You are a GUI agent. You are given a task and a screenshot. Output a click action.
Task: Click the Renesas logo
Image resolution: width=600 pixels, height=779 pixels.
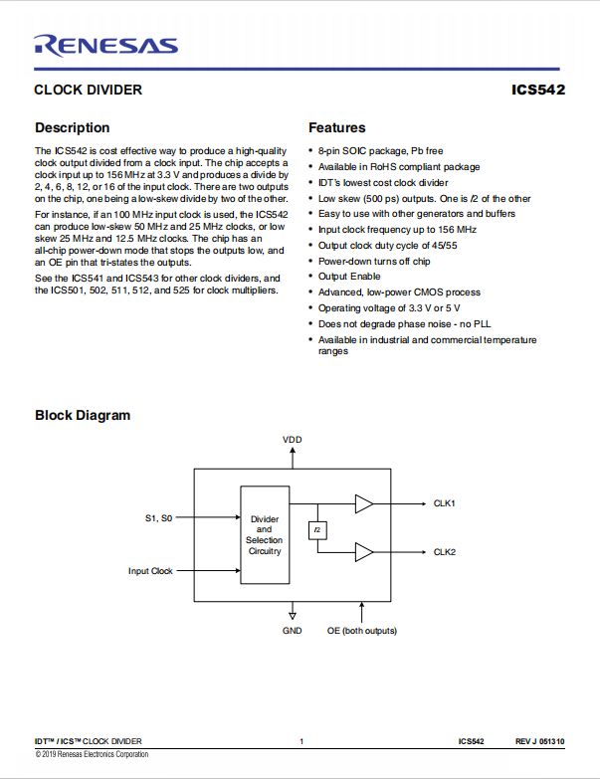click(x=105, y=46)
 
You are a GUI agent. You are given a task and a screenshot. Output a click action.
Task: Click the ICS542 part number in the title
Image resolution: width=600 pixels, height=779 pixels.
click(x=538, y=90)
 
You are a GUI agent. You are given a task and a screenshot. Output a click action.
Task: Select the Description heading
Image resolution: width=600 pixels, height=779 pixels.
click(x=72, y=127)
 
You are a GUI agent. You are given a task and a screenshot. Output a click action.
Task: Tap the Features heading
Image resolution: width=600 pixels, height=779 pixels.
click(x=336, y=127)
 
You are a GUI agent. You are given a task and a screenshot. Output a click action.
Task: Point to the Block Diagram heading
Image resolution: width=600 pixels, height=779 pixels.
click(x=83, y=415)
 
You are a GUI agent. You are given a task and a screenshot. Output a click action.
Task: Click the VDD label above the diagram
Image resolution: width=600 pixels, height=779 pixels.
click(x=293, y=440)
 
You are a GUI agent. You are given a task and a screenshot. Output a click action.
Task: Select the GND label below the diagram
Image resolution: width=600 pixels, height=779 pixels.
click(x=293, y=631)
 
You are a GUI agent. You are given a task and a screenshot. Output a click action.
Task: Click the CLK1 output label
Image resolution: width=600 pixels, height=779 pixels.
click(x=444, y=503)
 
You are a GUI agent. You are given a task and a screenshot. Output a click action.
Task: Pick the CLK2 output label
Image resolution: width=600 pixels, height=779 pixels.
click(x=444, y=552)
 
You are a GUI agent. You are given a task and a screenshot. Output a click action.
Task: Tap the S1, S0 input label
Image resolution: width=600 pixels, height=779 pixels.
click(x=158, y=518)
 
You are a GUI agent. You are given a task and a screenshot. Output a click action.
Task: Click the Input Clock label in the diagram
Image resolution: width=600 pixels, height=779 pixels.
click(x=150, y=571)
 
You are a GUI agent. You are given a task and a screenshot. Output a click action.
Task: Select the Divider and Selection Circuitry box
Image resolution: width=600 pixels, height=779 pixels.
click(x=265, y=534)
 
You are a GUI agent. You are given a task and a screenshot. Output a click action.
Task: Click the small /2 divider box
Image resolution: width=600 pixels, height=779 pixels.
click(x=317, y=530)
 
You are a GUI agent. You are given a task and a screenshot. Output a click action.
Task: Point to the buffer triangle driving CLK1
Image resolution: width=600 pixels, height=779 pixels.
click(x=363, y=503)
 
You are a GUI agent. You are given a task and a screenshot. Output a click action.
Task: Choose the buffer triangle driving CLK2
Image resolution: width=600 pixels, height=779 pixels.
click(x=363, y=552)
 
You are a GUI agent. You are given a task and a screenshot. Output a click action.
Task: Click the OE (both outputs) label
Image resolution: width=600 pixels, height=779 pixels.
click(x=361, y=631)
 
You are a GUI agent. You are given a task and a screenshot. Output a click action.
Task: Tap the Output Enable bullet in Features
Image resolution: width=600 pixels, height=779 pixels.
click(x=349, y=277)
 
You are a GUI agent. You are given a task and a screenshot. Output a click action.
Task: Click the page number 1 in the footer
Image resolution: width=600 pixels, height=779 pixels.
click(x=301, y=741)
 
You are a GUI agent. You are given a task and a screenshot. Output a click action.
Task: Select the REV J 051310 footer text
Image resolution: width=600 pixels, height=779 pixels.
click(x=540, y=741)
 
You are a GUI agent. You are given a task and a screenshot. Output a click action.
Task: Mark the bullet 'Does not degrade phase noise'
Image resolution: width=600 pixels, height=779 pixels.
click(x=404, y=324)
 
